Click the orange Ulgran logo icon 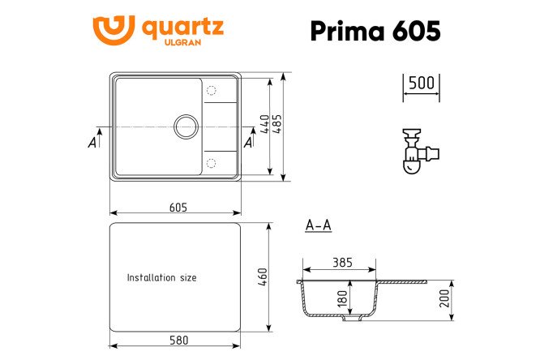pyautogui.click(x=114, y=29)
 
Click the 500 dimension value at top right pyautogui.click(x=421, y=83)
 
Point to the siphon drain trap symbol pyautogui.click(x=417, y=152)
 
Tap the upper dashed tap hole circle pyautogui.click(x=211, y=91)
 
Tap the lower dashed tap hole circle pyautogui.click(x=211, y=163)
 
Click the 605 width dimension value pyautogui.click(x=178, y=207)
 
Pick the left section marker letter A pyautogui.click(x=92, y=143)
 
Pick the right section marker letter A pyautogui.click(x=248, y=143)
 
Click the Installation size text pyautogui.click(x=161, y=277)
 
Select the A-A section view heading pyautogui.click(x=318, y=225)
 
